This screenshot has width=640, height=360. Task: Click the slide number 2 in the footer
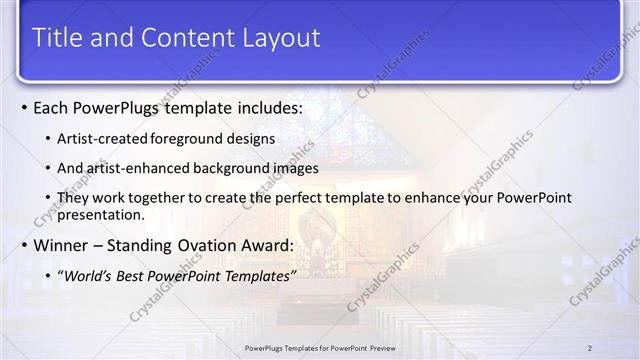coord(589,347)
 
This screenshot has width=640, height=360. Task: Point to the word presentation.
coord(102,214)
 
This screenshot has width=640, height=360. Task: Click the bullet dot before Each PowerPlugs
coord(24,107)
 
